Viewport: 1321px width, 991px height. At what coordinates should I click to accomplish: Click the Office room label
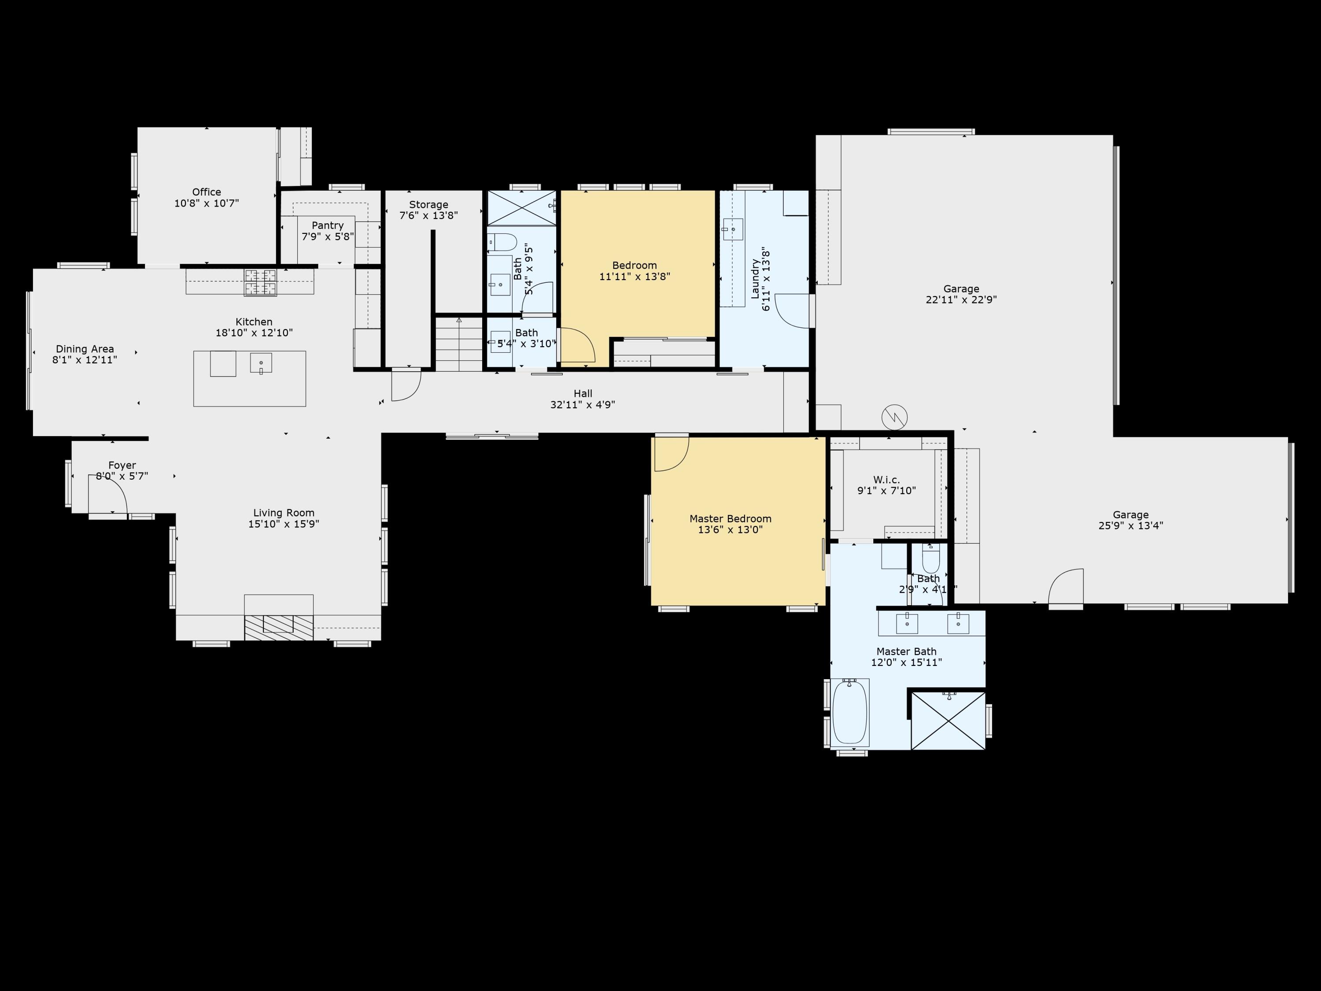[x=207, y=192]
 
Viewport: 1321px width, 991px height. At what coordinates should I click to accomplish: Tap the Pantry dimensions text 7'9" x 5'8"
[x=328, y=237]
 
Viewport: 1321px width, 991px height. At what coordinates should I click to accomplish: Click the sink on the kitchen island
[x=261, y=362]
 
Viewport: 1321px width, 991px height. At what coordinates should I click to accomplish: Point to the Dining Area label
[x=85, y=349]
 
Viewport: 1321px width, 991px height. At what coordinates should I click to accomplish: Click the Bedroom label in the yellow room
[x=634, y=265]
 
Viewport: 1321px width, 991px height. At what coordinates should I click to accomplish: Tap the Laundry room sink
[x=733, y=229]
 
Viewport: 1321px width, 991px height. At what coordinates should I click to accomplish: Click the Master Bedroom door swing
[x=671, y=455]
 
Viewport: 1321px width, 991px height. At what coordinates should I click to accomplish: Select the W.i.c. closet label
[x=886, y=480]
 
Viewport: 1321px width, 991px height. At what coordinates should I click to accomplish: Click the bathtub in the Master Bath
[x=849, y=713]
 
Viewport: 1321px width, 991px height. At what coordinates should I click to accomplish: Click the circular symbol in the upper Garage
[x=894, y=417]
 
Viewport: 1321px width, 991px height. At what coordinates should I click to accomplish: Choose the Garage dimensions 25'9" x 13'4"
[x=1130, y=525]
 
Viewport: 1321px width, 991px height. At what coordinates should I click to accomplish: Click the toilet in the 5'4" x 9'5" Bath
[x=503, y=242]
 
